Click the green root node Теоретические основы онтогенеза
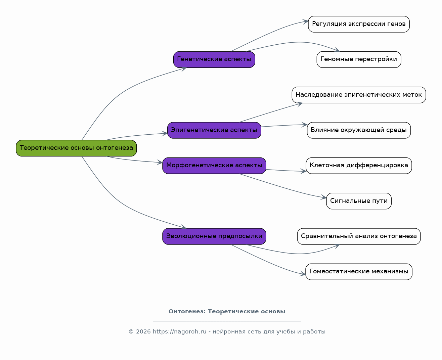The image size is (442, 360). click(76, 148)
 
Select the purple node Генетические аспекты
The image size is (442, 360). click(214, 59)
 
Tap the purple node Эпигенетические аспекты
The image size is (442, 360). click(214, 130)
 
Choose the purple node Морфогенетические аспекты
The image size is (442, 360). click(214, 166)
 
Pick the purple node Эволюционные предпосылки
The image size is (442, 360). click(214, 236)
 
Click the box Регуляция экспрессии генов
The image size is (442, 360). click(359, 24)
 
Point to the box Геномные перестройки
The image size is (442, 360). click(359, 59)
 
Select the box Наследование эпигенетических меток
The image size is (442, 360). click(359, 95)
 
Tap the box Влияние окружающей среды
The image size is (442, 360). click(359, 130)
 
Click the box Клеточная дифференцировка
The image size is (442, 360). click(359, 166)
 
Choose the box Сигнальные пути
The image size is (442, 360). click(359, 201)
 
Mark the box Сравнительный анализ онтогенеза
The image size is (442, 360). click(359, 236)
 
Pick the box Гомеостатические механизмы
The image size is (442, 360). click(359, 272)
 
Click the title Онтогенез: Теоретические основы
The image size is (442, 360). click(227, 311)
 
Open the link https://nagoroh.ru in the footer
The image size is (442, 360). click(179, 331)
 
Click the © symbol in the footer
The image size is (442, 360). click(131, 331)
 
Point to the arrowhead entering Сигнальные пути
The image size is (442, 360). click(323, 197)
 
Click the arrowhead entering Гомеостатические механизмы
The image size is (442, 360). click(303, 274)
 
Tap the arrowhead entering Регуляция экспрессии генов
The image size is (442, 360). click(305, 21)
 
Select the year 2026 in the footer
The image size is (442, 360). click(143, 331)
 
